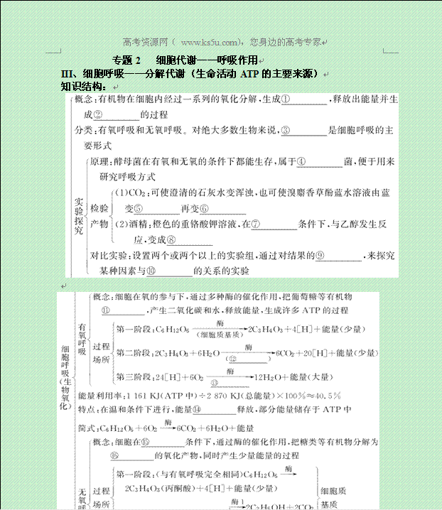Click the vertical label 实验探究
(79, 215)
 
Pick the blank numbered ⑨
(338, 256)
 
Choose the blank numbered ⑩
(170, 271)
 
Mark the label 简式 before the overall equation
(88, 428)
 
